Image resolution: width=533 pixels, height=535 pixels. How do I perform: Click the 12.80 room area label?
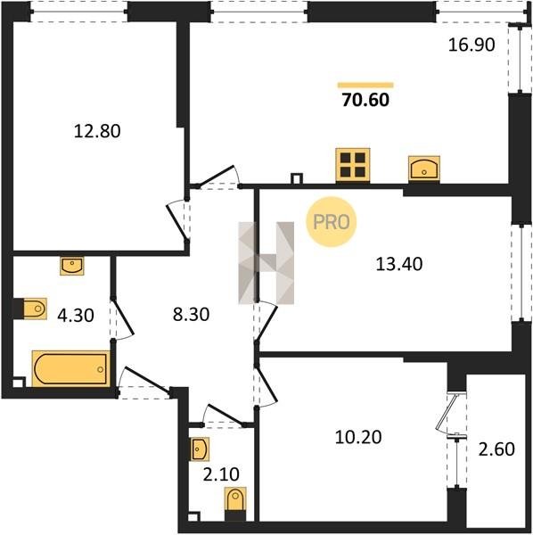tap(97, 131)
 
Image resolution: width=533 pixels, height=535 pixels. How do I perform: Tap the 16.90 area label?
tap(471, 45)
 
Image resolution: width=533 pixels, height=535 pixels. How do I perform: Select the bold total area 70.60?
tap(365, 100)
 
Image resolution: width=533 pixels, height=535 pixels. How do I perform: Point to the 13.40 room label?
tap(399, 264)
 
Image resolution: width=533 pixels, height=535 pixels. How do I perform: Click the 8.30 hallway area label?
tap(191, 314)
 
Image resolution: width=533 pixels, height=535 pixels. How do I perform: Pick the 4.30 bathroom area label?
tap(76, 316)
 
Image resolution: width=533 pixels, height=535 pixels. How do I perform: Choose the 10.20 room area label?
tap(358, 437)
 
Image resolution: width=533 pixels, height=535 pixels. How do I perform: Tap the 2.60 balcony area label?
tap(496, 449)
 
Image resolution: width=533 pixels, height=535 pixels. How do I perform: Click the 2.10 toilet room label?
tap(221, 474)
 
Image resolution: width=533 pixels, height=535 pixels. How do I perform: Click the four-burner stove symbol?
tap(353, 165)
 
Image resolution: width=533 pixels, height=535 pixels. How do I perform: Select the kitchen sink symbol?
tap(424, 168)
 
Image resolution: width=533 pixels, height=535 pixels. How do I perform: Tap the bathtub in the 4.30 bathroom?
tap(71, 368)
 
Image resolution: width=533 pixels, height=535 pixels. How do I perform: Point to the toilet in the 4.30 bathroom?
tap(29, 309)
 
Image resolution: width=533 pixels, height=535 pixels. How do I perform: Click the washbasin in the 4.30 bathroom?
tap(72, 266)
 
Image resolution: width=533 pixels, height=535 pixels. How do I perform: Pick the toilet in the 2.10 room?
tap(235, 503)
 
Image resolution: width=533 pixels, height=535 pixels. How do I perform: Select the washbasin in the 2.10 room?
tap(199, 449)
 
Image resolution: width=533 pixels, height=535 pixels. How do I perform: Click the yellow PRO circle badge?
tap(332, 222)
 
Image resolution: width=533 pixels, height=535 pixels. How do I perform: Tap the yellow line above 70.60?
tap(365, 85)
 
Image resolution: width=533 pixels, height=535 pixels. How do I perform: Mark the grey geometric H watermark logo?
tap(266, 263)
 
